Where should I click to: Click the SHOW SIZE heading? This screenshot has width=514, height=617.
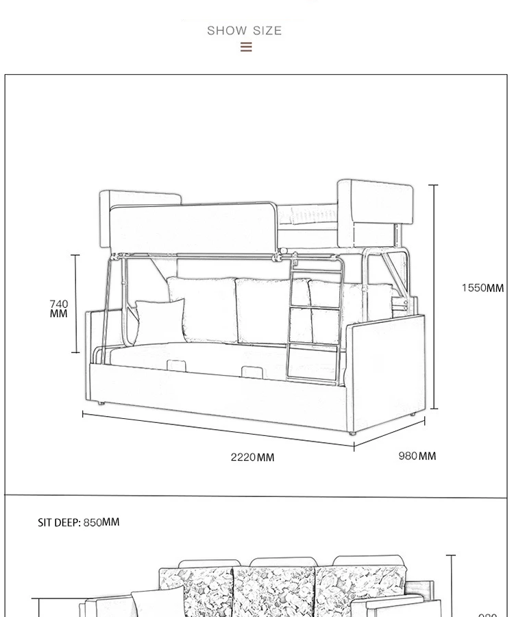point(245,31)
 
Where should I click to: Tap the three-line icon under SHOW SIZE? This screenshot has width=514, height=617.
point(246,47)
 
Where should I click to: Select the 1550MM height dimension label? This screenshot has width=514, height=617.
point(482,288)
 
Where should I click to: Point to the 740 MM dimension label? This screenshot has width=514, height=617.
point(59,308)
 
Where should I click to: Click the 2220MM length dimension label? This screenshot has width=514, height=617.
point(252,457)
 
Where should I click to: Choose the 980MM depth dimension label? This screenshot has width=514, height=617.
point(417,456)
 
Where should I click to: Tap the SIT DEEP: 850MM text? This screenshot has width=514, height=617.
point(78,522)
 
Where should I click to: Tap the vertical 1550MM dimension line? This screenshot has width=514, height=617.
point(434,295)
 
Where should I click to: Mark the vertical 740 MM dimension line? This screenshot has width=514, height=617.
point(75,304)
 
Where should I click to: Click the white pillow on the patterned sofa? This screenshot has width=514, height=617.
point(158,601)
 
